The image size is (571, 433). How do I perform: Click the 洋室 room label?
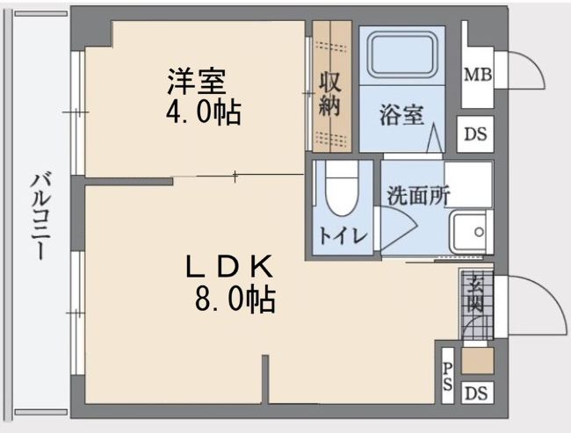pyautogui.click(x=198, y=81)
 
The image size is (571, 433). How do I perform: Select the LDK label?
pyautogui.click(x=232, y=265)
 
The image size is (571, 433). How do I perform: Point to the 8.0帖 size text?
pyautogui.click(x=235, y=299)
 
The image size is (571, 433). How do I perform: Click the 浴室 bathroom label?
pyautogui.click(x=401, y=115)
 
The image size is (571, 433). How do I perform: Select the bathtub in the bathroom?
pyautogui.click(x=403, y=56)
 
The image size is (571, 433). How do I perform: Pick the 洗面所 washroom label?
pyautogui.click(x=418, y=195)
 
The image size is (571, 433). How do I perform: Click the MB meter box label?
pyautogui.click(x=477, y=75)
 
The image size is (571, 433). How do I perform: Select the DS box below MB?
pyautogui.click(x=476, y=134)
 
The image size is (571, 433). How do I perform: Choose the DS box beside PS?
pyautogui.click(x=476, y=393)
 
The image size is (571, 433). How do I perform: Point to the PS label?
pyautogui.click(x=448, y=375)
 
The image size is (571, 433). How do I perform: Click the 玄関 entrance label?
pyautogui.click(x=475, y=295)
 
